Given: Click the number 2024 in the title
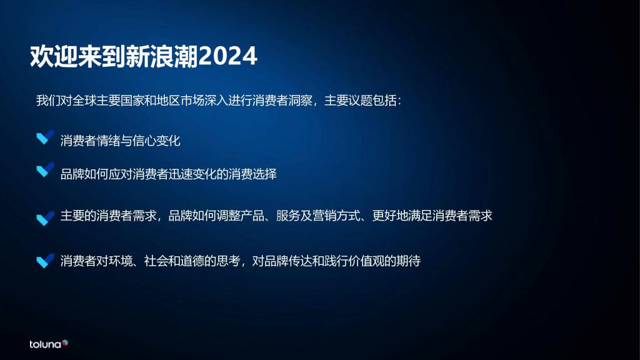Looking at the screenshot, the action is (x=227, y=56).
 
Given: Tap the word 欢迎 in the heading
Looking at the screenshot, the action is (x=54, y=56).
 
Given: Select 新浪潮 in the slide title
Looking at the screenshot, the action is (x=162, y=56).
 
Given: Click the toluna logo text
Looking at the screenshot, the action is (x=45, y=344).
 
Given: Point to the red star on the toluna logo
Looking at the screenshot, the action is (x=65, y=343).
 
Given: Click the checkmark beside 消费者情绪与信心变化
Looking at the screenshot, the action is (x=45, y=137).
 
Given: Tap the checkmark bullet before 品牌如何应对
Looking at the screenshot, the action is (x=45, y=170).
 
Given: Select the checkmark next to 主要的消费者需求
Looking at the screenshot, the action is (x=45, y=218).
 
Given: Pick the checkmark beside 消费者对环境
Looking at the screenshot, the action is (x=45, y=261).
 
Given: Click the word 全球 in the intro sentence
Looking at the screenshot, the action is (x=84, y=101).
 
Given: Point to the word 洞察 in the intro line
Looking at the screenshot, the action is (x=300, y=101).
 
